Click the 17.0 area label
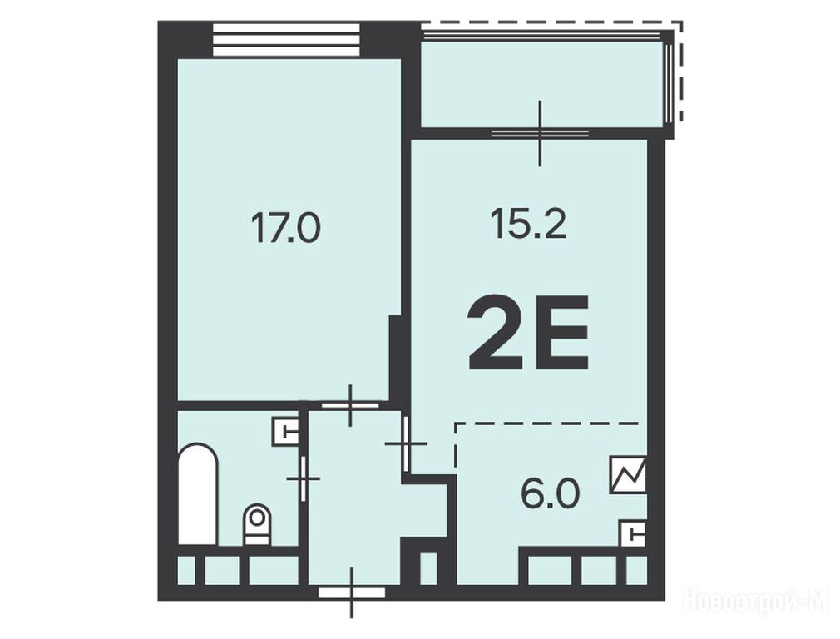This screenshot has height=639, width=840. click(x=285, y=227)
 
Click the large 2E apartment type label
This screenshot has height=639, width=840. click(x=529, y=333)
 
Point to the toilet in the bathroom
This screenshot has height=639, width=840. click(x=257, y=524)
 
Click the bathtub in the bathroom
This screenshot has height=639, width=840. click(x=198, y=494)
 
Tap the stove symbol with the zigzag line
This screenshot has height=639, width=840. click(x=628, y=474)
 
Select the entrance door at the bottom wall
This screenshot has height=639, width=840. click(x=352, y=593)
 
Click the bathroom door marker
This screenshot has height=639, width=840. click(x=304, y=478)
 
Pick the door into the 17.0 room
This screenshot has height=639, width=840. click(x=350, y=405)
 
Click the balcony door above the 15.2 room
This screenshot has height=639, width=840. click(x=540, y=132)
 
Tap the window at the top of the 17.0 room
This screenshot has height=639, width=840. click(x=286, y=39)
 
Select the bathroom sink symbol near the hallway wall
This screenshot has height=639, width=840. click(x=285, y=432)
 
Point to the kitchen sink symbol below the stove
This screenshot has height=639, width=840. click(x=633, y=533)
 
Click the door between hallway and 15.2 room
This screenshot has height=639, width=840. click(x=406, y=443)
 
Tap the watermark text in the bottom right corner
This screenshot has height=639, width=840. click(x=757, y=601)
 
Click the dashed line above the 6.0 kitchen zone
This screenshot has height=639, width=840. click(x=547, y=424)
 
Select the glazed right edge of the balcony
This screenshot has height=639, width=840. click(x=668, y=84)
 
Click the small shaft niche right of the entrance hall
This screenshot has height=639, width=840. click(x=428, y=568)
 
